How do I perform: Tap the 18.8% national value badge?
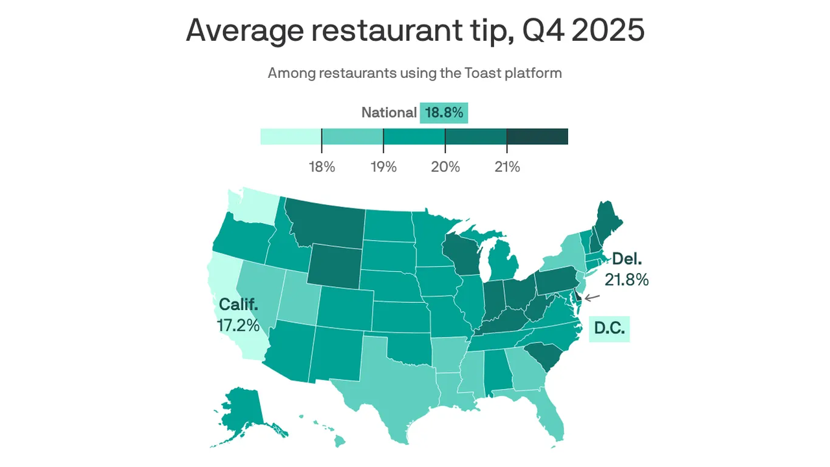pyautogui.click(x=444, y=113)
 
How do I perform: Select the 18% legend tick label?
pyautogui.click(x=322, y=167)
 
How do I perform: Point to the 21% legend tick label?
pyautogui.click(x=507, y=167)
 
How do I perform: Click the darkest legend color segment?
pyautogui.click(x=537, y=136)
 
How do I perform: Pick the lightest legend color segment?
pyautogui.click(x=290, y=136)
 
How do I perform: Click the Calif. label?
pyautogui.click(x=239, y=304)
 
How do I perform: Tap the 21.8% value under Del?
pyautogui.click(x=626, y=280)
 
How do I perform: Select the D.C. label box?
pyautogui.click(x=610, y=329)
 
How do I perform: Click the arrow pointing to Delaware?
pyautogui.click(x=591, y=298)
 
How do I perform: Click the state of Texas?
pyautogui.click(x=389, y=389)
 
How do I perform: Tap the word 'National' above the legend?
pyautogui.click(x=388, y=113)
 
